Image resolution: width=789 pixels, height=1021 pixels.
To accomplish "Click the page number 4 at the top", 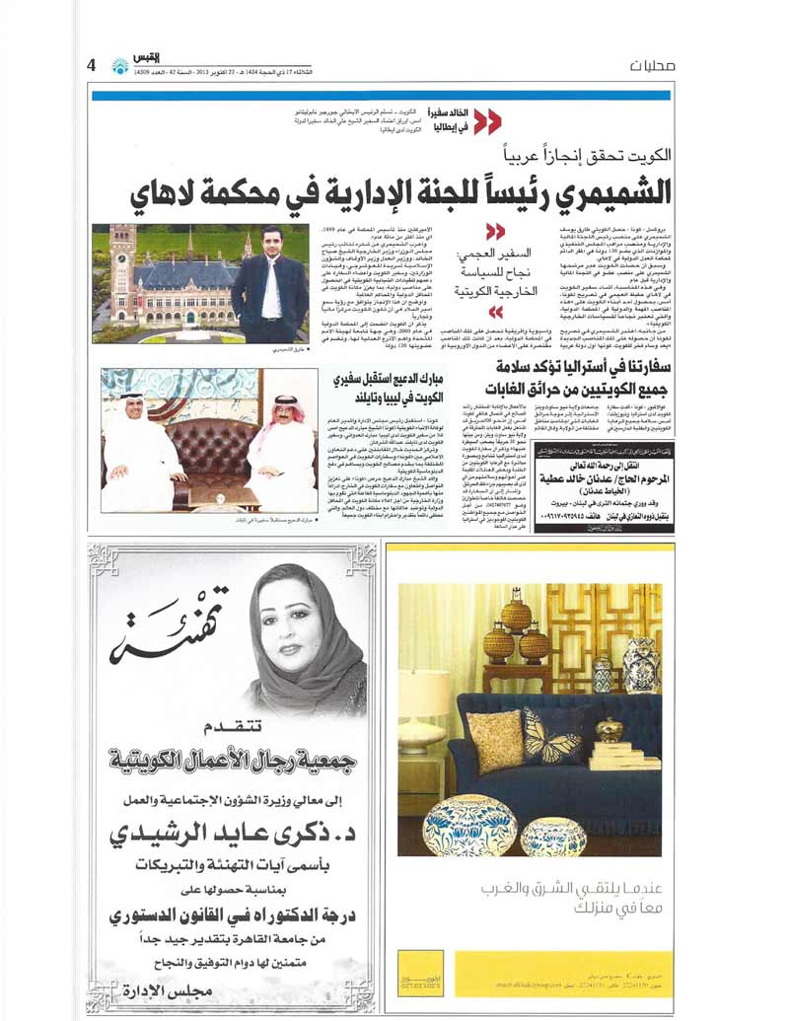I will [x=92, y=65].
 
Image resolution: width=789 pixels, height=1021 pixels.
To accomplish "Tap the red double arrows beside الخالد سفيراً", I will [x=487, y=121].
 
